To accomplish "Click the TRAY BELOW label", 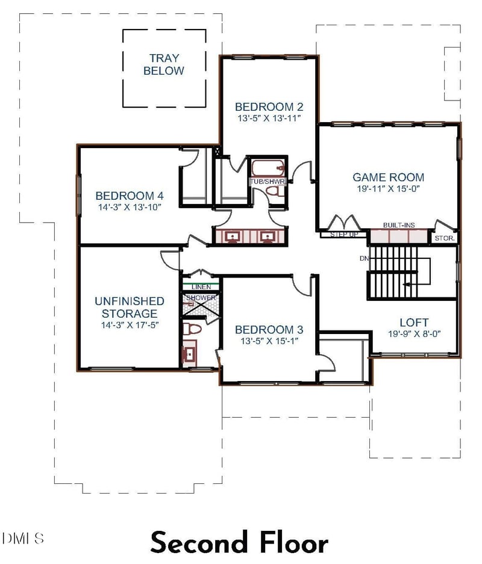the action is pos(164,64).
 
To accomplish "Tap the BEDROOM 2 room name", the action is pos(269,107).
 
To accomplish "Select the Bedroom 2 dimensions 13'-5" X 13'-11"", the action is pos(269,119).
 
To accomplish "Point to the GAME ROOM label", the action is pos(388,178).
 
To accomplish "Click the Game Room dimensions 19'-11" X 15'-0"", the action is pos(388,188).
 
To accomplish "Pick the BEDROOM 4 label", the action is pos(129,196).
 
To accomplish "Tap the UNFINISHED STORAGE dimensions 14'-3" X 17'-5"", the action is pos(130,325).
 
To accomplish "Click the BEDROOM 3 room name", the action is pos(269,330).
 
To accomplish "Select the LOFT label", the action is pos(414,322).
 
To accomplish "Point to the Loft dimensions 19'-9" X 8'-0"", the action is pos(414,334).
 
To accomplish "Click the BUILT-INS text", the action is pos(399,225).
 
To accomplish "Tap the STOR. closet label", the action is pos(445,238).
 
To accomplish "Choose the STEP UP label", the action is pos(344,235).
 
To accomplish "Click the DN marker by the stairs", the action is pos(365,258).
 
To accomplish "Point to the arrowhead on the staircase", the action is pos(407,284).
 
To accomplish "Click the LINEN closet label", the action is pos(201,287).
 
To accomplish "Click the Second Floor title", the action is pos(239,542).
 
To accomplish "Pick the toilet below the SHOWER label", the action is pos(192,329).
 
